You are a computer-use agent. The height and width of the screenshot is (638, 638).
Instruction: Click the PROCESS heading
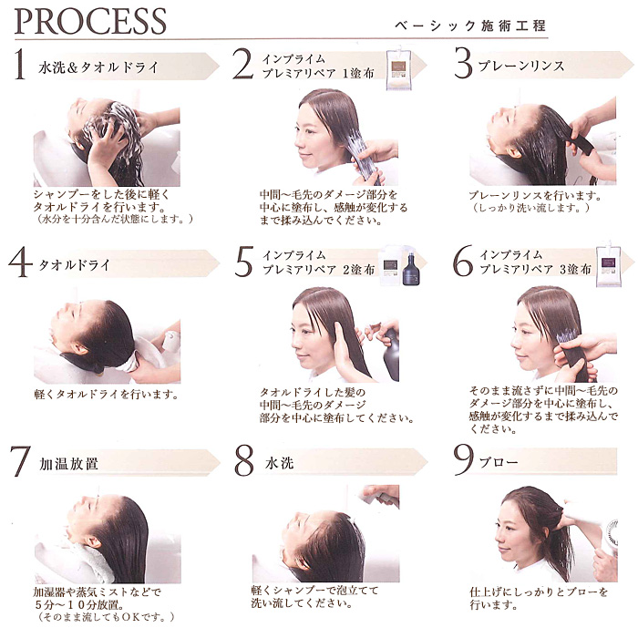(x=90, y=22)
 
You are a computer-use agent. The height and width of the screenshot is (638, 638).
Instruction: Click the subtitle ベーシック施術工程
(x=470, y=26)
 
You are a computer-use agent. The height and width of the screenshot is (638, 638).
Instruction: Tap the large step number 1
(x=19, y=64)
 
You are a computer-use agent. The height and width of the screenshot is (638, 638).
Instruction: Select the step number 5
(x=244, y=262)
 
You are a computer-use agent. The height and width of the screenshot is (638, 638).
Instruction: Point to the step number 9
(x=463, y=459)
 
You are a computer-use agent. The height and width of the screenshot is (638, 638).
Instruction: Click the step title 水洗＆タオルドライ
(x=98, y=67)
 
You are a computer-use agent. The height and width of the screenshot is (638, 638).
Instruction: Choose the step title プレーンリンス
(x=521, y=66)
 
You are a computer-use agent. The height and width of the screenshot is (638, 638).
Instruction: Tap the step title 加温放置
(x=68, y=463)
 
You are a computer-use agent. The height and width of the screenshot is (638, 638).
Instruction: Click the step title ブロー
(x=499, y=462)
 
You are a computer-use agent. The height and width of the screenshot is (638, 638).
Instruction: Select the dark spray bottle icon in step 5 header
(x=411, y=269)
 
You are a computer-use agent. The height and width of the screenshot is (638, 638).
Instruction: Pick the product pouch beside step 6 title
(x=608, y=266)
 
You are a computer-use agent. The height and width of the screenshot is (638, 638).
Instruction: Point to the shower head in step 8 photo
(x=379, y=497)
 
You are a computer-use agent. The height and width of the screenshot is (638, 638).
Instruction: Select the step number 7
(x=20, y=461)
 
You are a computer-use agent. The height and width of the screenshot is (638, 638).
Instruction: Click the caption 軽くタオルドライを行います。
(x=107, y=395)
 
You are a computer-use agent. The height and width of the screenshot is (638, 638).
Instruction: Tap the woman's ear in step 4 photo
(x=80, y=349)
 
